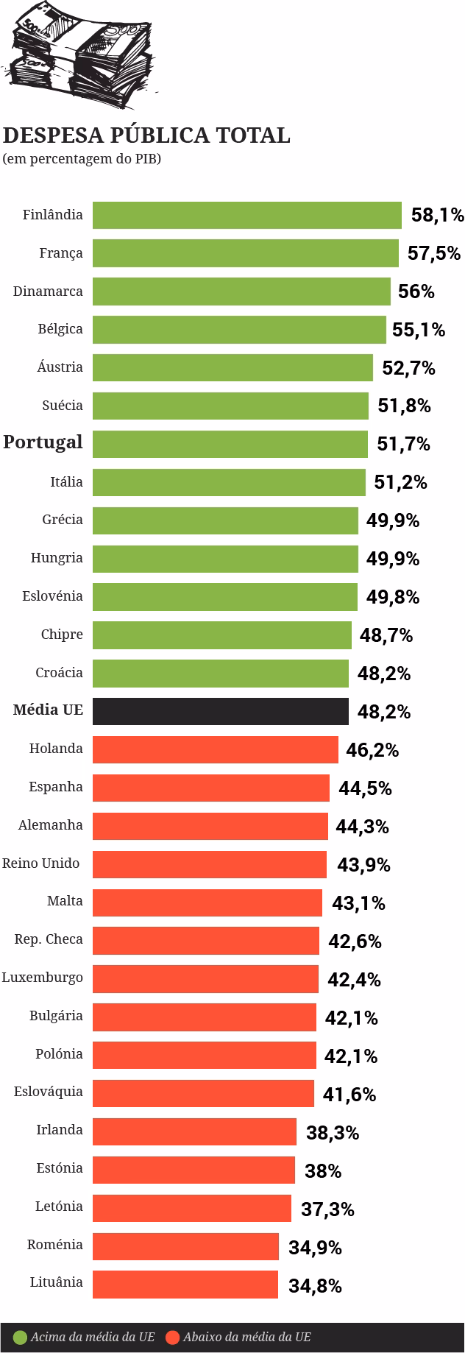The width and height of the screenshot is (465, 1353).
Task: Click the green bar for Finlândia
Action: click(x=246, y=215)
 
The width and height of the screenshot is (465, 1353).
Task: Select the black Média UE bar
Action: click(x=220, y=711)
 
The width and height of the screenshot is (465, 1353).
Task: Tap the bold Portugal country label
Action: click(x=43, y=442)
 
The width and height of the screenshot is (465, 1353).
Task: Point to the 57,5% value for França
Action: click(x=434, y=253)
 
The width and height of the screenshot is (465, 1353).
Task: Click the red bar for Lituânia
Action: click(x=185, y=1284)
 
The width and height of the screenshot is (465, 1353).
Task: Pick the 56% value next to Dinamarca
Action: click(x=416, y=292)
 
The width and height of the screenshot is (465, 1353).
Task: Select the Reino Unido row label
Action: click(x=41, y=863)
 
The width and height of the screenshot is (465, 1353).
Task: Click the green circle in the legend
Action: click(x=20, y=1337)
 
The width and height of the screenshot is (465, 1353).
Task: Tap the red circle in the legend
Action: click(x=173, y=1337)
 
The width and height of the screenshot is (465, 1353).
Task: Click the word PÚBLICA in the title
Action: click(x=159, y=136)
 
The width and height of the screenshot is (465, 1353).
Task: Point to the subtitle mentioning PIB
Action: click(x=82, y=158)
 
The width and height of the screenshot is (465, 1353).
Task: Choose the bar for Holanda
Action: click(x=215, y=749)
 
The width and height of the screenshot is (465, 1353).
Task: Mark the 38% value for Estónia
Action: click(x=323, y=1170)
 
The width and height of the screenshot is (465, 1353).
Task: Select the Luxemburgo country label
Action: click(x=42, y=978)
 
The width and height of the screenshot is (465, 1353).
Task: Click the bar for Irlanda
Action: click(x=194, y=1131)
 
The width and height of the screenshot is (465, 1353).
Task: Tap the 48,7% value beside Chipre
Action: click(x=386, y=635)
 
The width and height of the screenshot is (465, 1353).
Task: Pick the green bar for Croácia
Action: click(x=220, y=673)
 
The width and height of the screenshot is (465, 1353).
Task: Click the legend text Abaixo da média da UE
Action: click(x=247, y=1337)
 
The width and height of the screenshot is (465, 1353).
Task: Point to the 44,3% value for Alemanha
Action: click(x=363, y=826)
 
